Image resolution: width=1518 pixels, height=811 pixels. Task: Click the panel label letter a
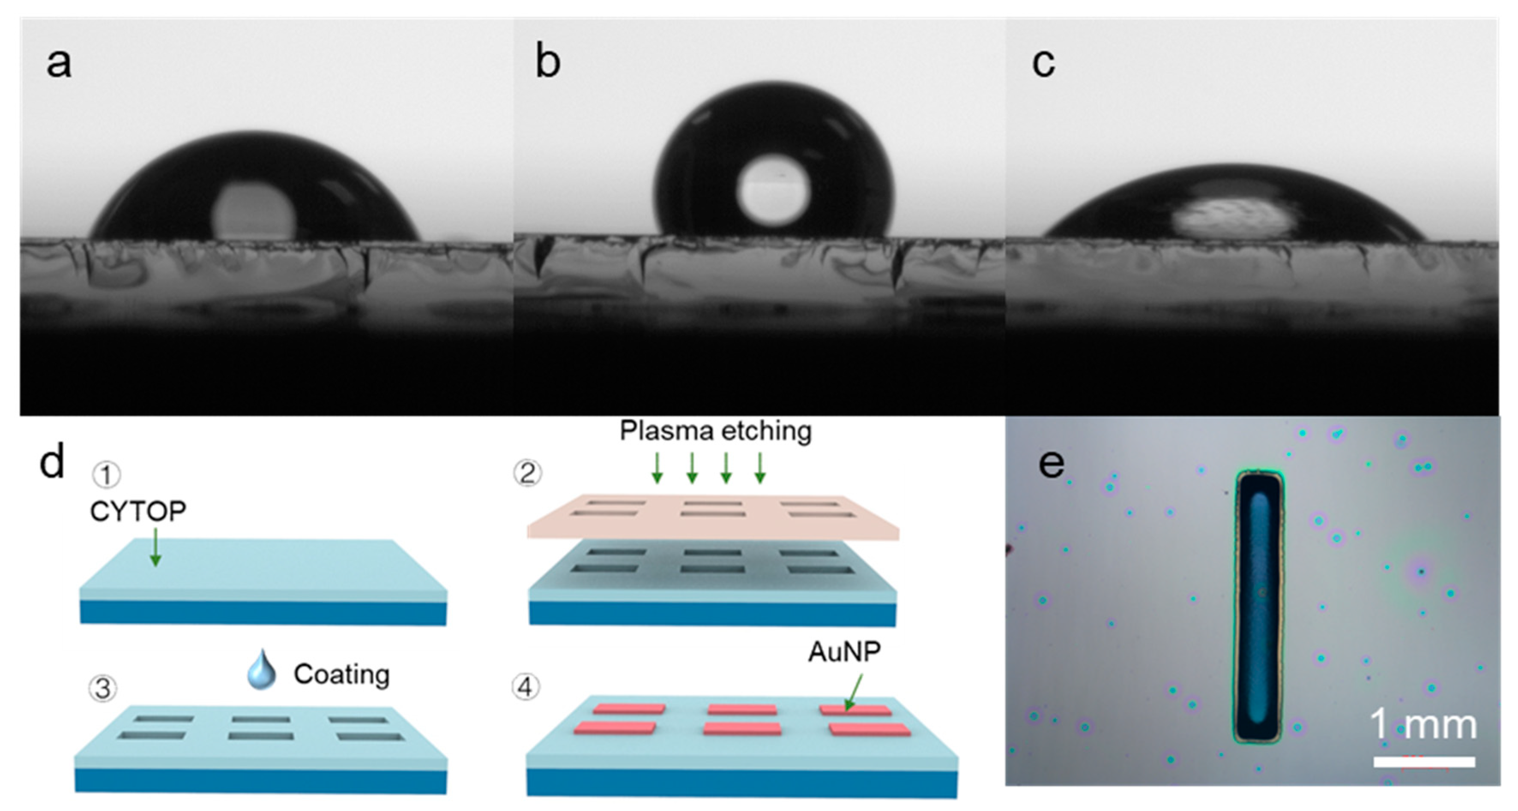coord(59,63)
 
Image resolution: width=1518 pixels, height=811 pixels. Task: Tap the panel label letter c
coord(1043,63)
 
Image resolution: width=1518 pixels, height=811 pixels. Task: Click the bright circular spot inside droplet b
coord(773,191)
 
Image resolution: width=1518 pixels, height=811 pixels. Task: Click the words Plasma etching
coord(715,431)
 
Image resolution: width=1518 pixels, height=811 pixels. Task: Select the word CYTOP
coord(138,511)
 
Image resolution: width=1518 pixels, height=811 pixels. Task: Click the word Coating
coord(342,674)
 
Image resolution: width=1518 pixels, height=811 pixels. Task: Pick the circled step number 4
coord(525,687)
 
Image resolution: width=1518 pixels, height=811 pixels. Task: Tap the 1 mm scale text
coord(1422,725)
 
